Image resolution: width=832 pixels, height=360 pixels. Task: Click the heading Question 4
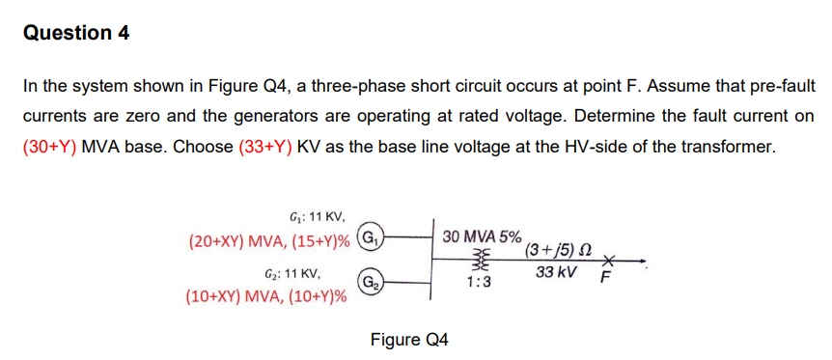(76, 33)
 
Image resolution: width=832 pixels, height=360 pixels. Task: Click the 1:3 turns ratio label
(477, 283)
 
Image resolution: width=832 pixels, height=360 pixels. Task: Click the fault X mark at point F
(606, 261)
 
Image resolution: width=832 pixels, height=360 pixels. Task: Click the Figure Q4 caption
(409, 340)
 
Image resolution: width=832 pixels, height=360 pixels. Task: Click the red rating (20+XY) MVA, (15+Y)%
(269, 237)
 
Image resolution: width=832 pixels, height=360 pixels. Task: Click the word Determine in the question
(572, 117)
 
